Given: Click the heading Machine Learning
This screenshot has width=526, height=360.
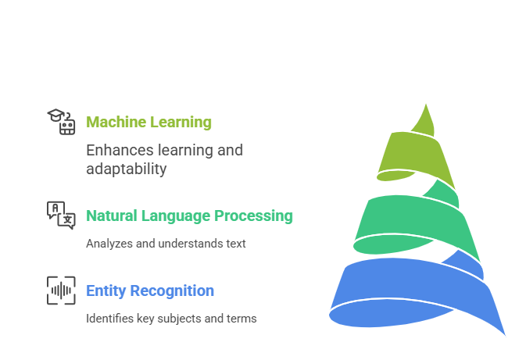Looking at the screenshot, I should (148, 122).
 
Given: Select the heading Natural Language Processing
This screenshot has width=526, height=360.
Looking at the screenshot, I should (189, 216).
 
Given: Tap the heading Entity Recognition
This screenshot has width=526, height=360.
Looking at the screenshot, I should (150, 291).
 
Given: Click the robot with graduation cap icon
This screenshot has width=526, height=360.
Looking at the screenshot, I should (61, 122).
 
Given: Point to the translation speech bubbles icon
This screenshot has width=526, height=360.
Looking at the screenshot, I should (61, 215).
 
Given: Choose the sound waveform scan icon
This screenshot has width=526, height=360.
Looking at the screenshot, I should (61, 290).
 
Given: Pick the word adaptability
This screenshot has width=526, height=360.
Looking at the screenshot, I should (126, 169).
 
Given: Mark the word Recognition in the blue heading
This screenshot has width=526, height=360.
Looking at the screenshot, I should (174, 291).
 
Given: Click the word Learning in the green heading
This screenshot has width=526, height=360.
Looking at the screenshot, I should (181, 122).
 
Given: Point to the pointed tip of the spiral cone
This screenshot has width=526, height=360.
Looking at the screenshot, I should (427, 107).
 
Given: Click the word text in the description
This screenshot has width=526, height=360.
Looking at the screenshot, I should (235, 244).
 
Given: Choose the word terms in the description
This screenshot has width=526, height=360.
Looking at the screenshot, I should (242, 319).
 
